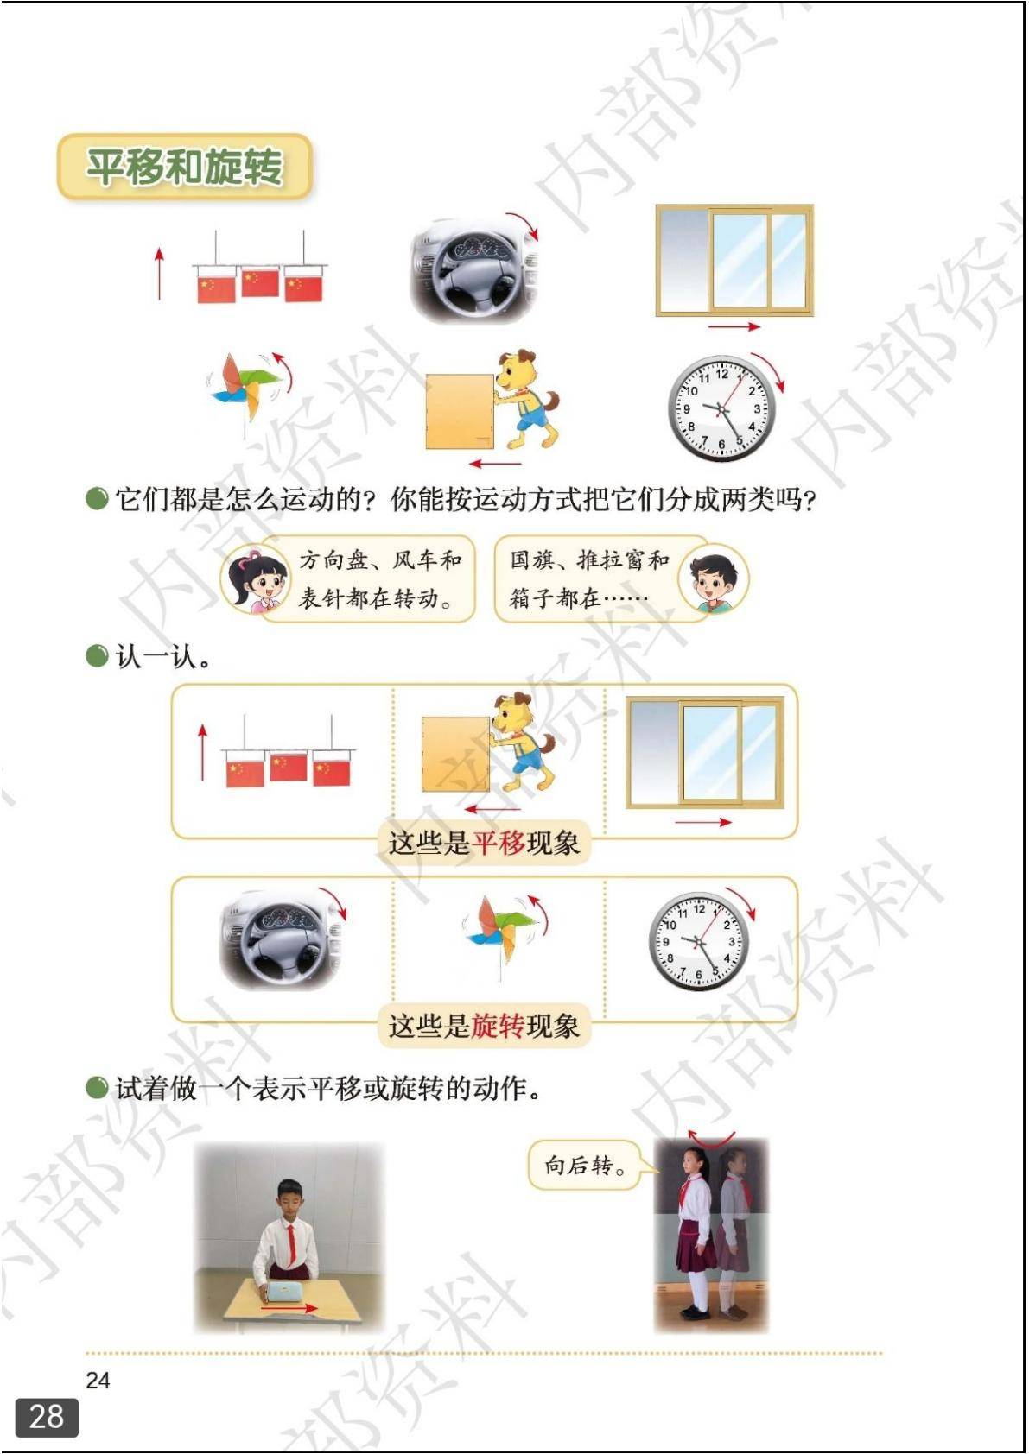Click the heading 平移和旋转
click(185, 167)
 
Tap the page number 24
click(98, 1380)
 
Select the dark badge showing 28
click(46, 1417)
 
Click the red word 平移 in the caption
click(499, 843)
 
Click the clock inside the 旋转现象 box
click(698, 941)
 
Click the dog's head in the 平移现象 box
click(513, 712)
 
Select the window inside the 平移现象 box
click(705, 753)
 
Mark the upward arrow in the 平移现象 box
click(203, 753)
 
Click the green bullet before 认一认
click(97, 655)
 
